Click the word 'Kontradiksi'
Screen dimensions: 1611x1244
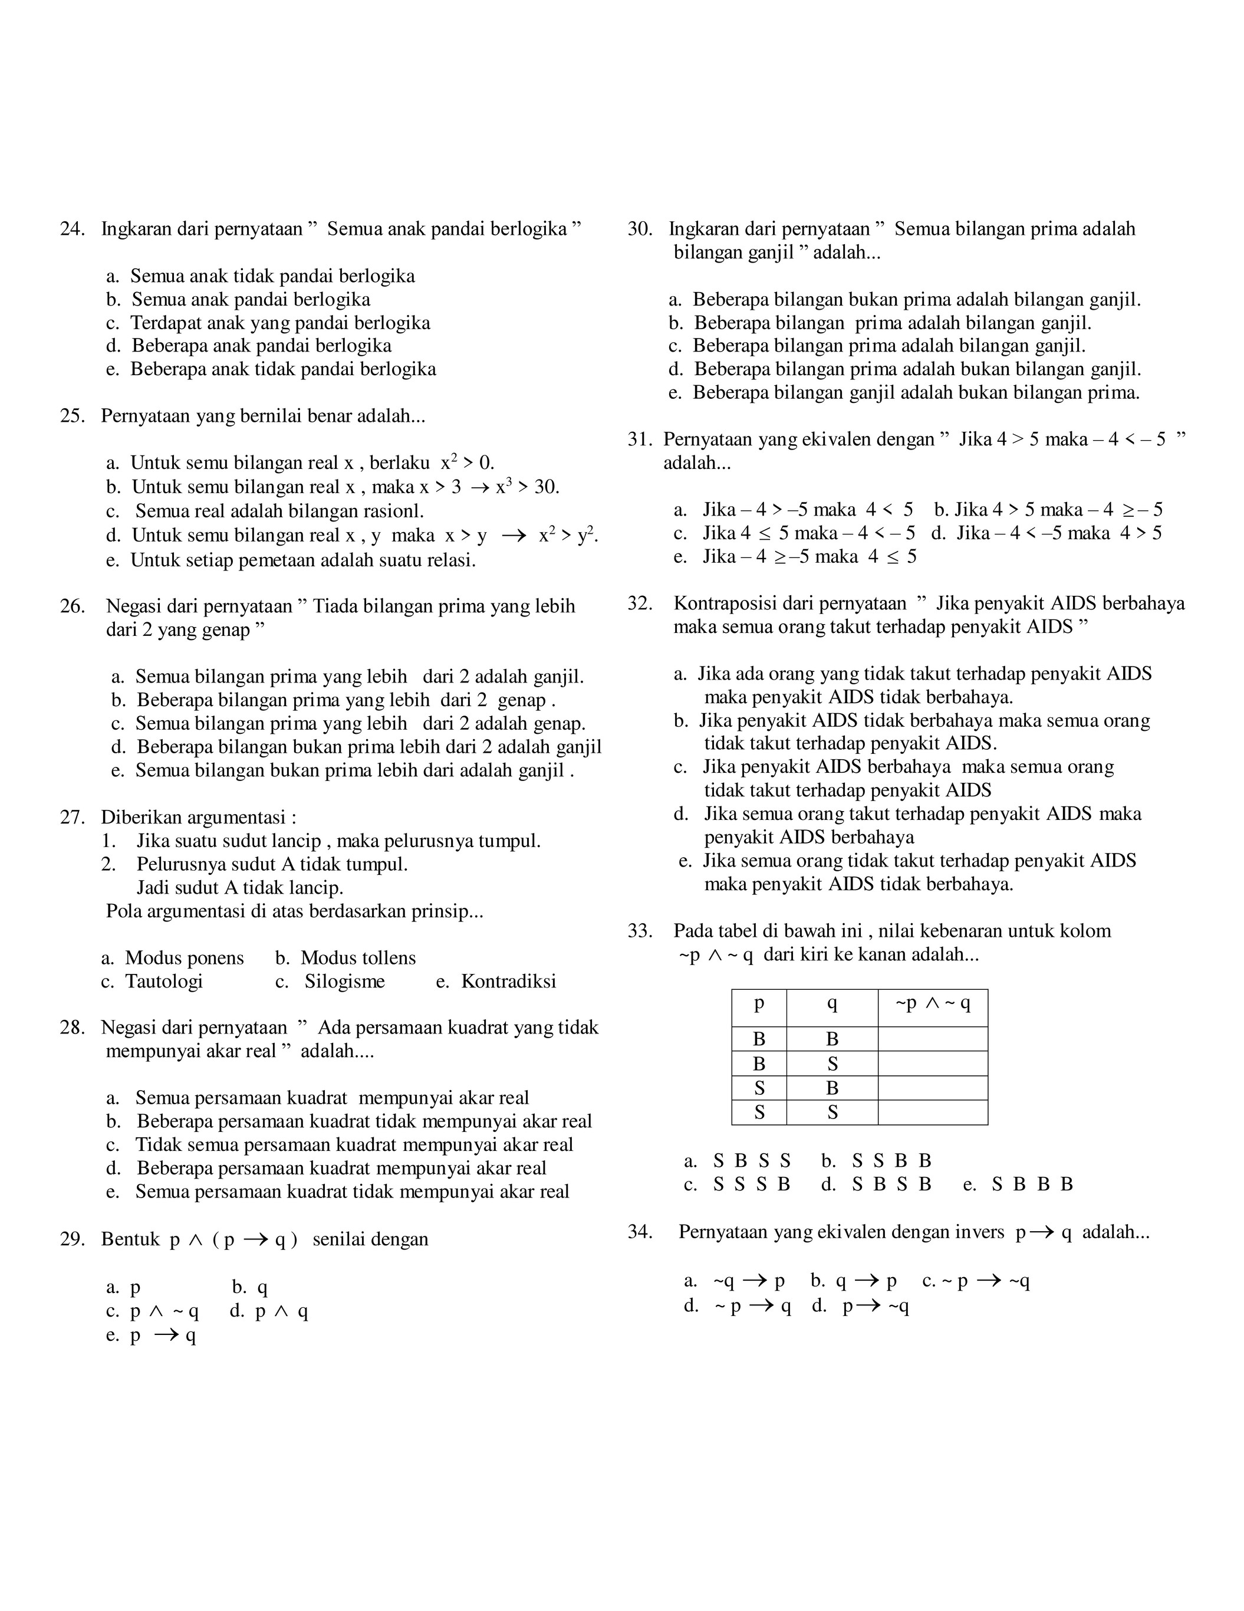[x=508, y=981]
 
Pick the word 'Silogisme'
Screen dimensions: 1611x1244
[x=344, y=981]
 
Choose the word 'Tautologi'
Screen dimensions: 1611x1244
[x=164, y=981]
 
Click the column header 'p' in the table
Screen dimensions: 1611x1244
[x=759, y=1004]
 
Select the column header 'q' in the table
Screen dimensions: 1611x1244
[x=832, y=1004]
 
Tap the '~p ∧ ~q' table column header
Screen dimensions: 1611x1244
[x=932, y=1004]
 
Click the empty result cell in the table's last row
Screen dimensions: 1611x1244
[x=932, y=1113]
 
